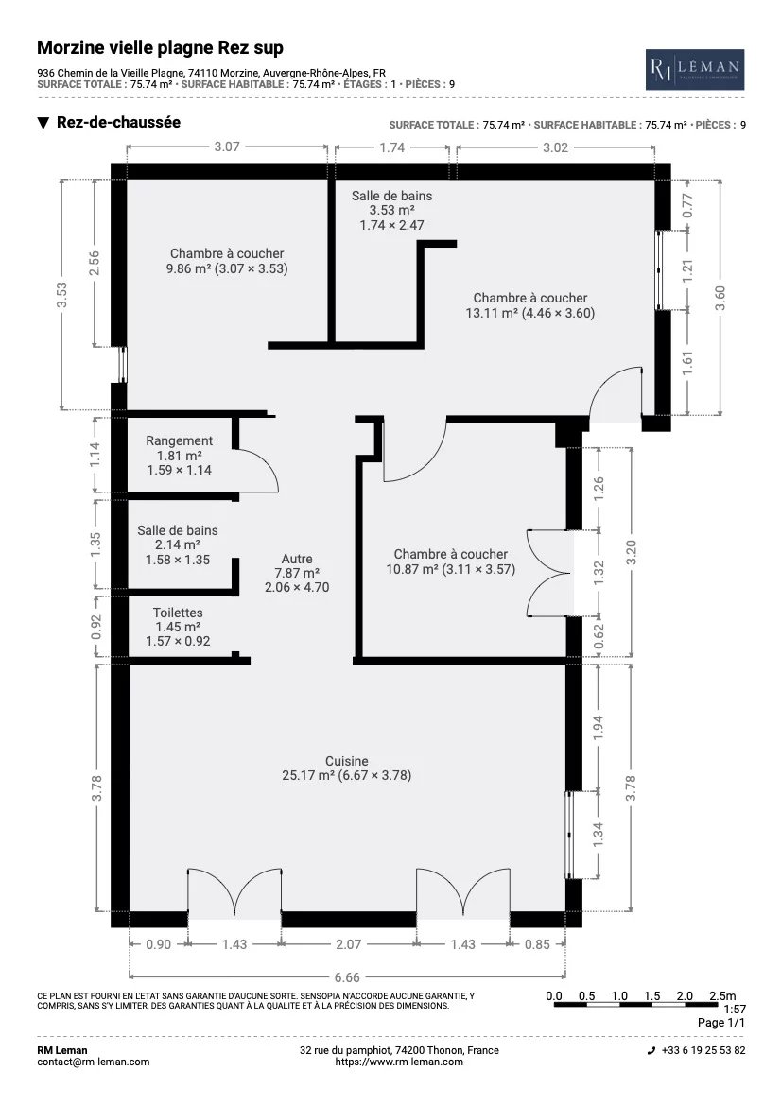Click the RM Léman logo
coord(695,69)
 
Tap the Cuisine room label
coord(347,761)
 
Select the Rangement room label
coord(179,440)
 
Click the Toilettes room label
coord(178,613)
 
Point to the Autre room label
coord(297,559)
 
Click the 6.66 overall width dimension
coord(347,977)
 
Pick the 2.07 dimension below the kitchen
coord(348,944)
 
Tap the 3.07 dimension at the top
coord(227,147)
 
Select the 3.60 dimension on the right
coord(720,298)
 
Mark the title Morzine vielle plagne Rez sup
coord(160,48)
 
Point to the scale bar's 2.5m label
coord(722,995)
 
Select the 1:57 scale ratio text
coord(735,1010)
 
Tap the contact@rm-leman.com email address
coord(93,1062)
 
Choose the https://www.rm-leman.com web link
coord(399,1062)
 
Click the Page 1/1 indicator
coord(721,1022)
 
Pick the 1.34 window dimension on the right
coord(598,835)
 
